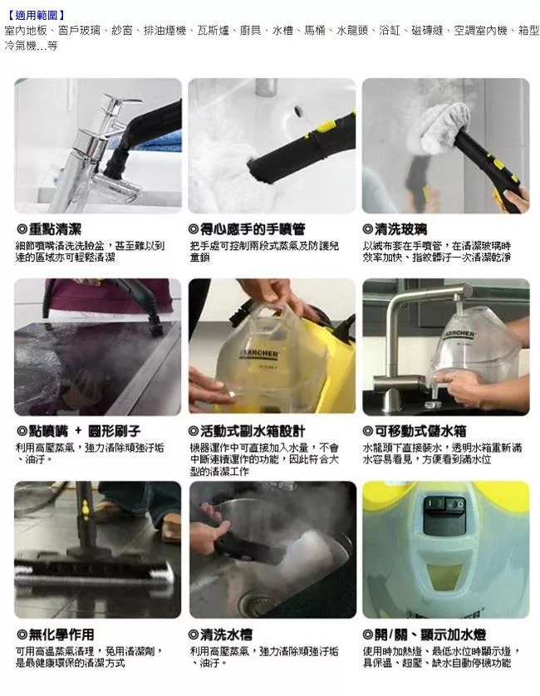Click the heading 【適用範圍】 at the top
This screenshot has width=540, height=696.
(35, 15)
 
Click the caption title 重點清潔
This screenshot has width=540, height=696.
(54, 228)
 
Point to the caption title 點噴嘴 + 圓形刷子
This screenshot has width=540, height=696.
(79, 431)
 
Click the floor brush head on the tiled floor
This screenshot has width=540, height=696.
(91, 573)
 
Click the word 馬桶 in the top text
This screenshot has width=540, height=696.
(314, 30)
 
